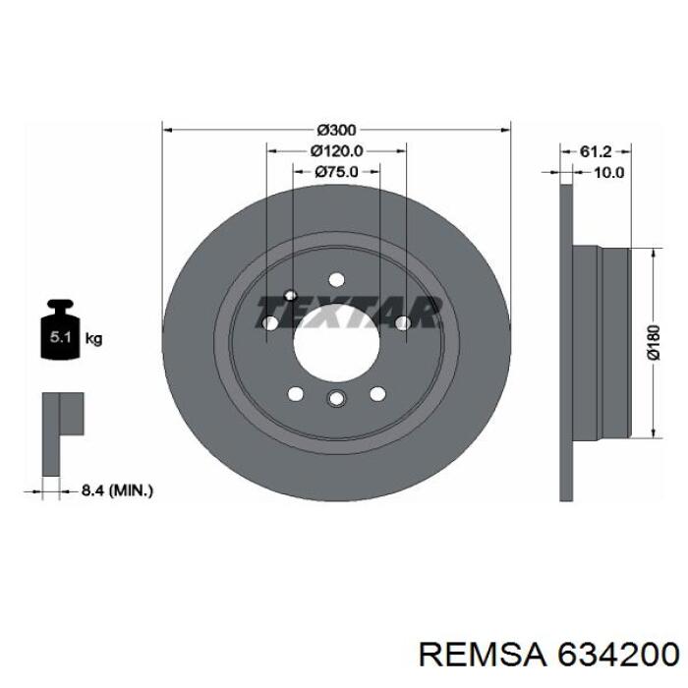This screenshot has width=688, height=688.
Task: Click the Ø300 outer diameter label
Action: [336, 130]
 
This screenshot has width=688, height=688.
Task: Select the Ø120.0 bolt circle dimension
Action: [336, 150]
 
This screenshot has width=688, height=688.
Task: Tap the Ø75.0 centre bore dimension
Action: [336, 171]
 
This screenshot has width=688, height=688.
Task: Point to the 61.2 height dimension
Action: [596, 151]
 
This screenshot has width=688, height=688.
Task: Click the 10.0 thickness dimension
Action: [609, 172]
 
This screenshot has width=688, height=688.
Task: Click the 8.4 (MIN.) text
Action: [116, 488]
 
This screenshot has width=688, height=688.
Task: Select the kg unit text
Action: [94, 339]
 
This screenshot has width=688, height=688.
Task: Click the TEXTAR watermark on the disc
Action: [348, 312]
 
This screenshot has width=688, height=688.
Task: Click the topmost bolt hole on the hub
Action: [336, 279]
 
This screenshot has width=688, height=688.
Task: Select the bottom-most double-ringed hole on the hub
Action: [336, 398]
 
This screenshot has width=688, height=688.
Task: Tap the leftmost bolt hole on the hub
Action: [270, 322]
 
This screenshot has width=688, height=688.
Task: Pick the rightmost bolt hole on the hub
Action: [402, 322]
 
